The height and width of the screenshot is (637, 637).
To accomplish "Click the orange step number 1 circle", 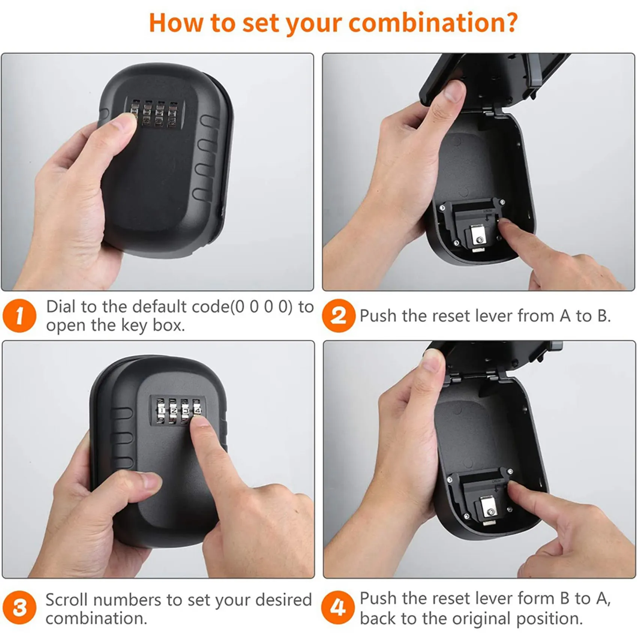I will pos(19,316).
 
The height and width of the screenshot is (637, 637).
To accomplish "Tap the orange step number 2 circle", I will pos(338,316).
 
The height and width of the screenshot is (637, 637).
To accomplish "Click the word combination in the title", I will pos(433,23).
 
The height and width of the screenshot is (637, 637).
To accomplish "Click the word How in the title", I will pos(176,23).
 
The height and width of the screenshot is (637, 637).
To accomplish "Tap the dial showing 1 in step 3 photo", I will pos(161,410).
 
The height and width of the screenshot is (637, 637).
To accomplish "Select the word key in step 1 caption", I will pos(136,325).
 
